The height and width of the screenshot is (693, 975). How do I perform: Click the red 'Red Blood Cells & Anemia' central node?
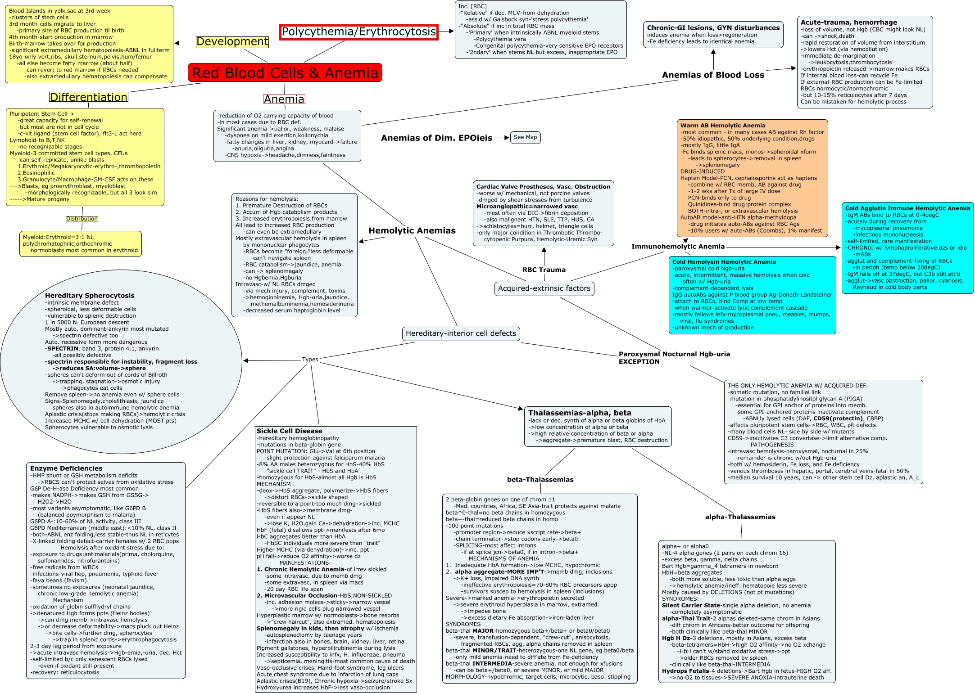click(285, 73)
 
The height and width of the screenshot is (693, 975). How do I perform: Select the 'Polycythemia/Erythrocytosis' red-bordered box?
click(358, 32)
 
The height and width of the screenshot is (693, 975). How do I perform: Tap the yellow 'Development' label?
click(232, 42)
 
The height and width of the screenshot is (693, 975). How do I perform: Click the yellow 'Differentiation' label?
click(89, 97)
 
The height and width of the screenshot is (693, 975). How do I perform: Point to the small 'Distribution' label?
click(82, 219)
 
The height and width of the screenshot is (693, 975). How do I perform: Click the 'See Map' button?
click(525, 137)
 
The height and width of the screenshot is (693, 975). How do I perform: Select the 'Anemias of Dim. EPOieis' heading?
click(436, 138)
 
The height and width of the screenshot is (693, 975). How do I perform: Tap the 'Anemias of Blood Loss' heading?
click(713, 75)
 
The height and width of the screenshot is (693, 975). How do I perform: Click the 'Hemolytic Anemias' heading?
click(412, 231)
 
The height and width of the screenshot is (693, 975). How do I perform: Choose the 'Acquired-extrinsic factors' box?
click(544, 288)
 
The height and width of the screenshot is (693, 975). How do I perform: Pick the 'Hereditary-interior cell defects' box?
click(461, 333)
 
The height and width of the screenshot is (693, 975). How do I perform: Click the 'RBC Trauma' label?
click(544, 270)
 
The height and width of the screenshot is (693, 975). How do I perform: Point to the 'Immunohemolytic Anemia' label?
click(678, 247)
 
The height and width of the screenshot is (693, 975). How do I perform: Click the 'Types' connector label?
click(310, 360)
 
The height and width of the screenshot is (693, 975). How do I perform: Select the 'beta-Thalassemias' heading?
click(540, 480)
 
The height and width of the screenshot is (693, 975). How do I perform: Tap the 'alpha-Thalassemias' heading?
click(740, 517)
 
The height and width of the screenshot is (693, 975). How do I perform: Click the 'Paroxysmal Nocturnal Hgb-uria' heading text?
click(674, 354)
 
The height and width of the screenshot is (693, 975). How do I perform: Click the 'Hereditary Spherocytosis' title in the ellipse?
click(90, 296)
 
